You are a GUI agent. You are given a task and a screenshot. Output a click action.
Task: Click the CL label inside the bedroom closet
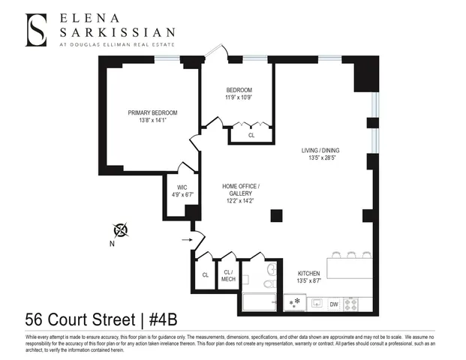[x=251, y=135]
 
